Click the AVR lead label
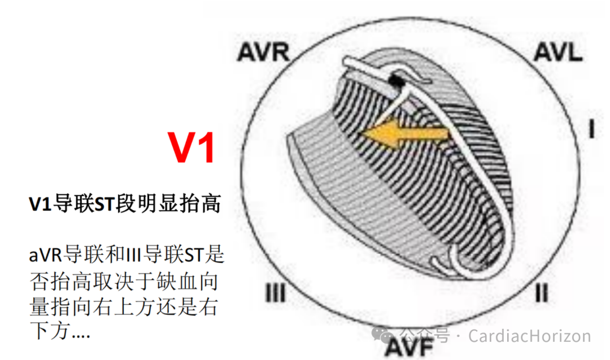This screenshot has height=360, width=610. click(x=263, y=52)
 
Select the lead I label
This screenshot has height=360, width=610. click(x=591, y=130)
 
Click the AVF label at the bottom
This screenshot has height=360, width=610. click(x=408, y=345)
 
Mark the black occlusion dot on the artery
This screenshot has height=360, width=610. click(x=397, y=82)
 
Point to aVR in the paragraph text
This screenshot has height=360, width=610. click(x=46, y=255)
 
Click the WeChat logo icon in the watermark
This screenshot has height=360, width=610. click(x=390, y=336)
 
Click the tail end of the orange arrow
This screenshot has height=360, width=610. click(x=446, y=135)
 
